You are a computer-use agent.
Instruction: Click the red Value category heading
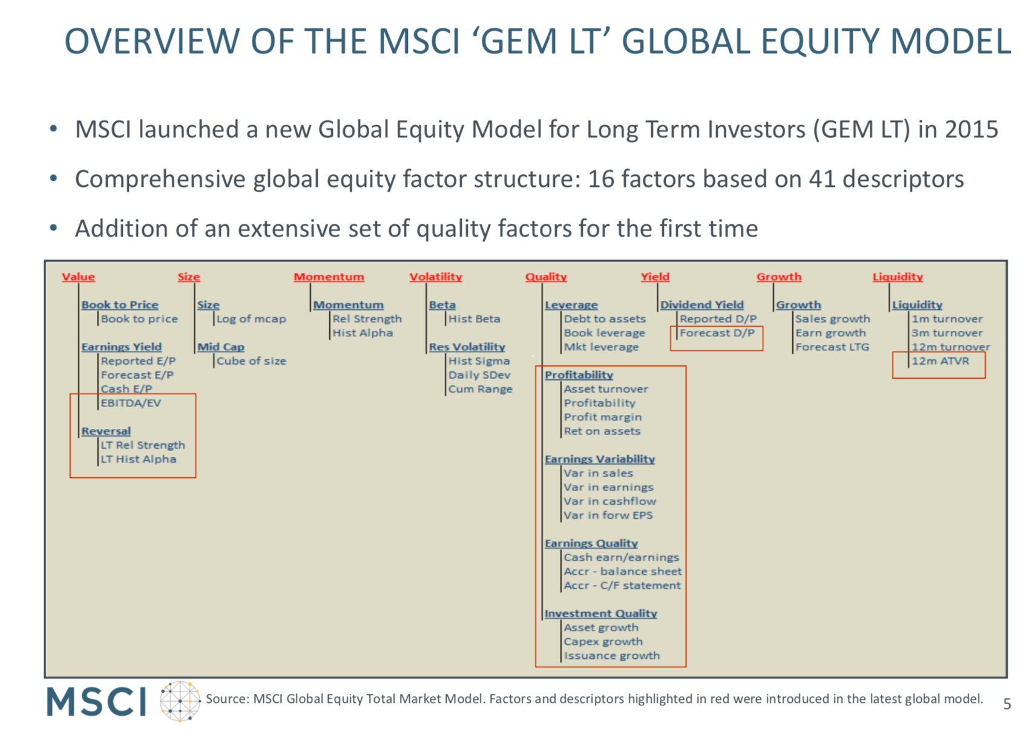pos(78,277)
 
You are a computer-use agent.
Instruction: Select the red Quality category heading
pos(546,277)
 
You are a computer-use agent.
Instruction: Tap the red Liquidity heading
pos(898,277)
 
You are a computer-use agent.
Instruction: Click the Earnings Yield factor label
pos(122,347)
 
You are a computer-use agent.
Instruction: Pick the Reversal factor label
pos(106,431)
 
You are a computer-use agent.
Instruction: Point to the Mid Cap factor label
pos(221,347)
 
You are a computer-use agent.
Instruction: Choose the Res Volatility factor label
pos(467,347)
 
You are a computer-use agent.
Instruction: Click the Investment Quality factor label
pos(600,613)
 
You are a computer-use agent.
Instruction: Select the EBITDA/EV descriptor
pos(131,403)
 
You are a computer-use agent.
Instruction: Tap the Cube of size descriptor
pos(251,361)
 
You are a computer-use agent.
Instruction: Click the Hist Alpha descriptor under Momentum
pos(363,333)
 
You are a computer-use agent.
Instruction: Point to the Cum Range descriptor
pos(481,389)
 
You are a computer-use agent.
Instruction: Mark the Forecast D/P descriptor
pos(717,333)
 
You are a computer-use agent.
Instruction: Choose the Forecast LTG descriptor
pos(832,347)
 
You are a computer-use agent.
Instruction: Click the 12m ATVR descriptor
pos(940,361)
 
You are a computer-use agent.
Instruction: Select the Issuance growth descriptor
pos(612,656)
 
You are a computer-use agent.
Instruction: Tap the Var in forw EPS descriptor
pos(608,515)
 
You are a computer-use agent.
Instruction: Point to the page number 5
pos(1007,704)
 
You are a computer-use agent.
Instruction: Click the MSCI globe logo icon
pos(180,701)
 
